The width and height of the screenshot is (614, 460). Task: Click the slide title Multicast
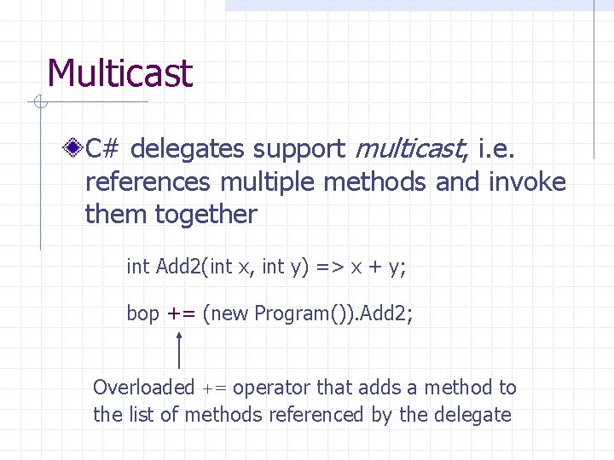pyautogui.click(x=120, y=73)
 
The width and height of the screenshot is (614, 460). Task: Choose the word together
pyautogui.click(x=205, y=214)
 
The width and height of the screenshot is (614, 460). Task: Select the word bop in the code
pyautogui.click(x=142, y=313)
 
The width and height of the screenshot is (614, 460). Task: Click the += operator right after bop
pyautogui.click(x=182, y=313)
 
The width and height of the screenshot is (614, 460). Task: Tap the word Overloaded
pyautogui.click(x=143, y=388)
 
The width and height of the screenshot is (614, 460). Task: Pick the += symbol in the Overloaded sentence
pyautogui.click(x=214, y=388)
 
